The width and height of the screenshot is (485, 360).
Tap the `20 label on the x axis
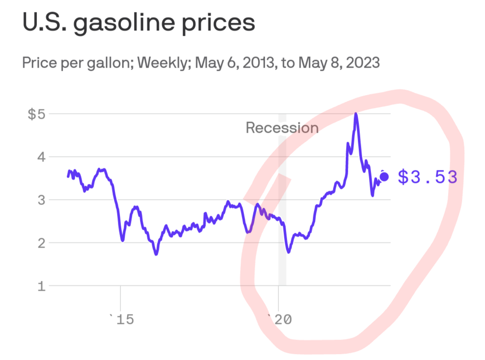[x=279, y=320]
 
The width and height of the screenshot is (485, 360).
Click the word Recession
[x=282, y=128]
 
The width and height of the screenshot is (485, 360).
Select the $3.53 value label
[x=427, y=177]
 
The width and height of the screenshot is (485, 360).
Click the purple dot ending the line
[x=384, y=177]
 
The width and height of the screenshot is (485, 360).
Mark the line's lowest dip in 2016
[x=156, y=253]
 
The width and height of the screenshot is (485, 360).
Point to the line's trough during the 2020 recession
[x=289, y=252]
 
